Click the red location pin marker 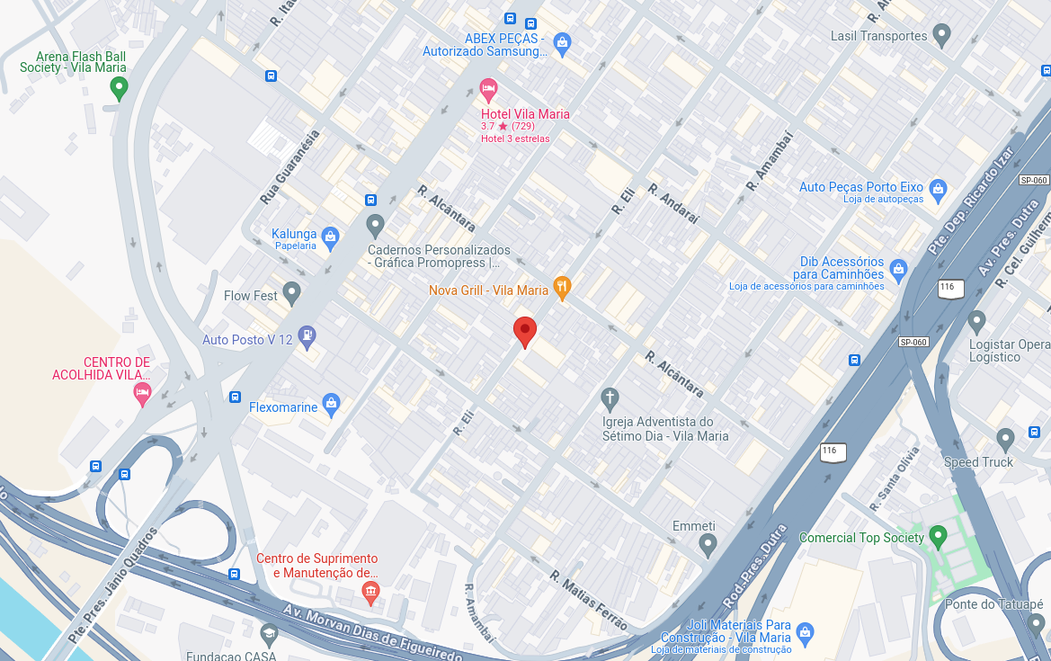[x=525, y=331]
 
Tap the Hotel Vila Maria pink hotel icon [x=488, y=89]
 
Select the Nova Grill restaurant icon [x=563, y=288]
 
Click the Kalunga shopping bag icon [x=330, y=237]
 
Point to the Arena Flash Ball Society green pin [x=118, y=88]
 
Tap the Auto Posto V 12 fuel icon [x=307, y=337]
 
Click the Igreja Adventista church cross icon [x=610, y=398]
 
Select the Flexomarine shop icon [x=331, y=405]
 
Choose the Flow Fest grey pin [x=291, y=292]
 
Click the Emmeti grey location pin [x=708, y=543]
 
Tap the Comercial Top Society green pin [x=938, y=537]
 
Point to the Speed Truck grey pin [x=1005, y=439]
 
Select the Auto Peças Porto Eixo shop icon [x=939, y=189]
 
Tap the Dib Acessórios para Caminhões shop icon [x=897, y=268]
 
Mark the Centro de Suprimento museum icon [x=370, y=590]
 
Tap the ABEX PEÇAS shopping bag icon [x=562, y=41]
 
